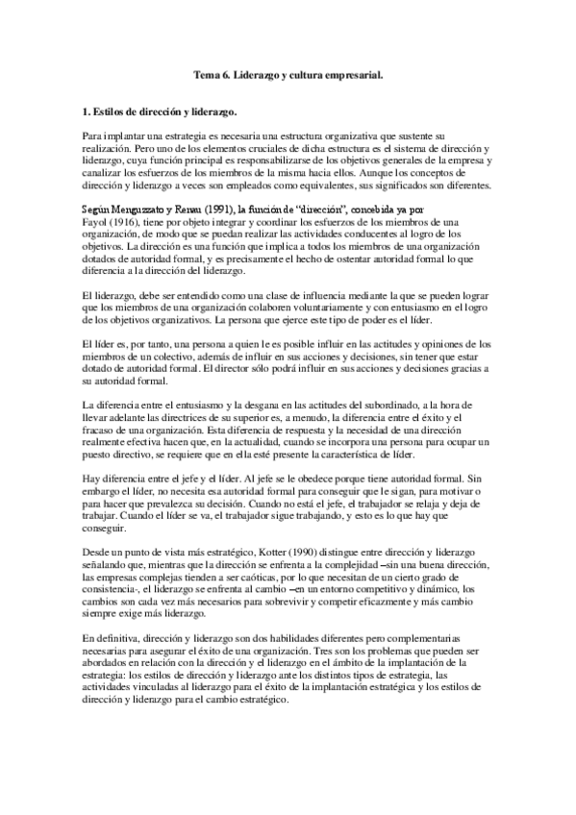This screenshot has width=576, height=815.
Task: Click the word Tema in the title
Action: click(205, 74)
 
